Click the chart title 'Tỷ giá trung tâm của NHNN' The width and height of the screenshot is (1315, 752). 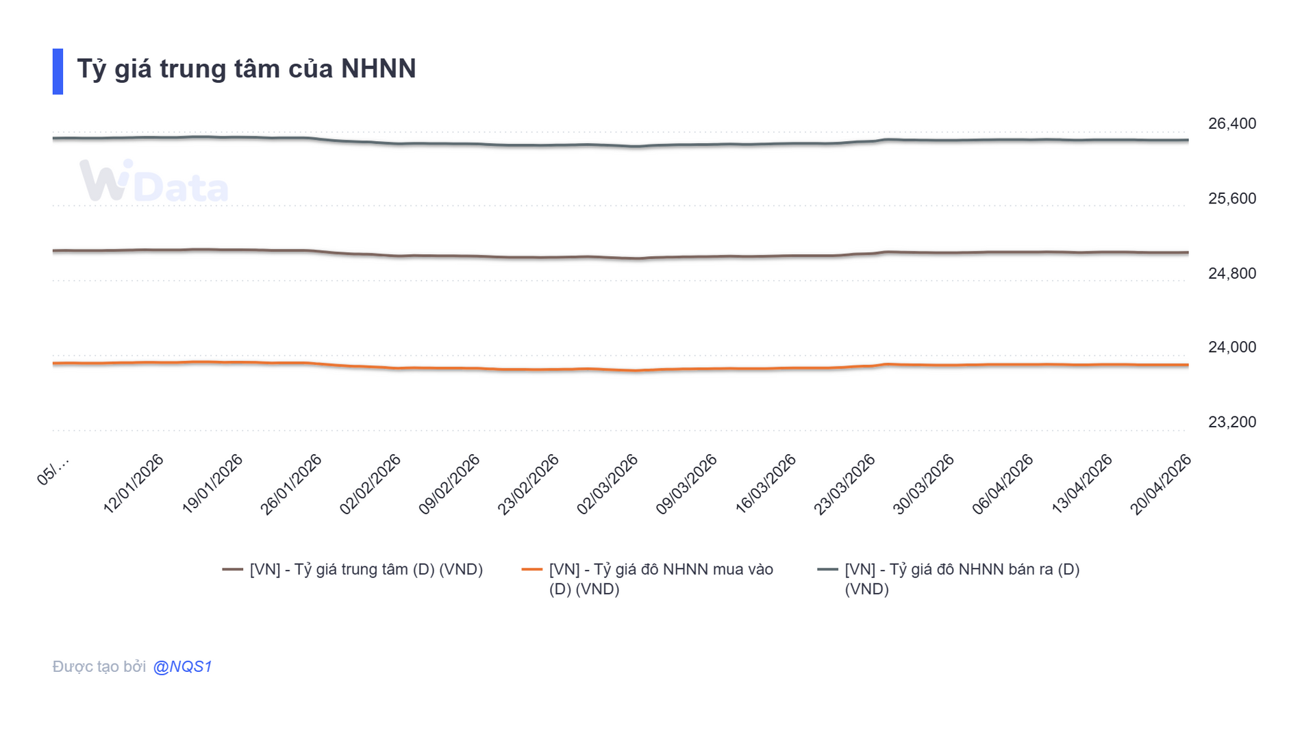(x=247, y=69)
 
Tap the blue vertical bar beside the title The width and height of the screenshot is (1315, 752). (x=58, y=71)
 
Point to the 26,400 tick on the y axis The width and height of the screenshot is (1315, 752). (x=1231, y=124)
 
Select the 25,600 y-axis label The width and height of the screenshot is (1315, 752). (x=1231, y=199)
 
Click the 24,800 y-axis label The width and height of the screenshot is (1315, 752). (x=1231, y=274)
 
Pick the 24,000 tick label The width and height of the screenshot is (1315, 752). (x=1231, y=348)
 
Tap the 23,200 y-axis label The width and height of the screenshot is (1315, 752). (x=1231, y=423)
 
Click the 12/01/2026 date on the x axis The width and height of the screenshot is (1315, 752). (x=134, y=484)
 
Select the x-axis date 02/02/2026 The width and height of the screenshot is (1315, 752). (x=371, y=484)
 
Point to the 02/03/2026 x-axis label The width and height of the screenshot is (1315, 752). (x=608, y=484)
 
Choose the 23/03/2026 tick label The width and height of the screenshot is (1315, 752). (x=844, y=484)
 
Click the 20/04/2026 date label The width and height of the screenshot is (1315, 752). (x=1161, y=484)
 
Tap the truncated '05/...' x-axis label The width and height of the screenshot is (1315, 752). (x=53, y=471)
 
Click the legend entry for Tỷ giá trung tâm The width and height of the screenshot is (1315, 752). (x=353, y=570)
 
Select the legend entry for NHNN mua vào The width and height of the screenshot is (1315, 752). (x=648, y=579)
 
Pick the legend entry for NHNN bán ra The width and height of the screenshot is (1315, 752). (x=949, y=579)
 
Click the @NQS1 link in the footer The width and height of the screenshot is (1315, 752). (x=182, y=667)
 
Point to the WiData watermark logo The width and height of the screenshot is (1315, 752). (x=154, y=182)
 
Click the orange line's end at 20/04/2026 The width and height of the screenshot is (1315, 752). (x=1187, y=365)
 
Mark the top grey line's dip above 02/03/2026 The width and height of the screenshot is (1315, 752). (x=636, y=146)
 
